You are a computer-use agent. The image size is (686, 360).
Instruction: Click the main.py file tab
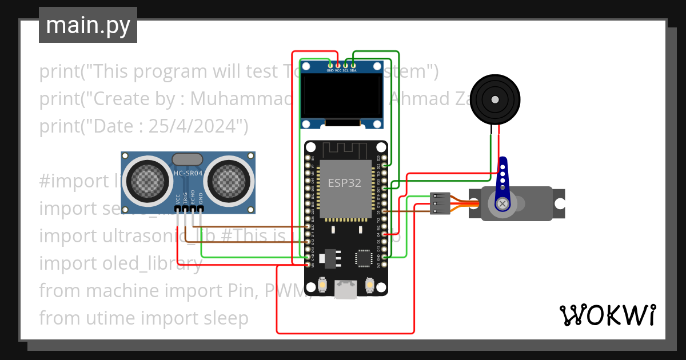(x=87, y=25)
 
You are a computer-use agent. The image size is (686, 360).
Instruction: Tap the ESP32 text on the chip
(x=344, y=183)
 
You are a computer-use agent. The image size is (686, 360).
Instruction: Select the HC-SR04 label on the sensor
(x=188, y=172)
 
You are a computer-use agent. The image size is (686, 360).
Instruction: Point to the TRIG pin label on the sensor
(x=185, y=198)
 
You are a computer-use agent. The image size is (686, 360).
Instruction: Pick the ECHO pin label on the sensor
(x=193, y=198)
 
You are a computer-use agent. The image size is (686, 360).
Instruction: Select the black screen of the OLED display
(x=342, y=97)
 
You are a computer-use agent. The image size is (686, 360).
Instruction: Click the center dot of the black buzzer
(x=494, y=99)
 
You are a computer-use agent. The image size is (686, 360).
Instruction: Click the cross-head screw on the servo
(x=502, y=203)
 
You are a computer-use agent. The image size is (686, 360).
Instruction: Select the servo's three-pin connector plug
(x=440, y=203)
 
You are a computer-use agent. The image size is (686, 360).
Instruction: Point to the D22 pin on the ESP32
(x=385, y=166)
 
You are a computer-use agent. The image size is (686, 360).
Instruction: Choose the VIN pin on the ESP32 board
(x=309, y=265)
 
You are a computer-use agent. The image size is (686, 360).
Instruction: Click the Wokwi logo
(x=607, y=315)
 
